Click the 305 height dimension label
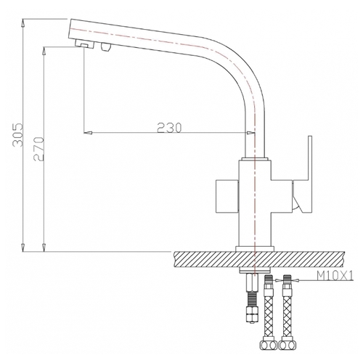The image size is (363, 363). click(x=17, y=135)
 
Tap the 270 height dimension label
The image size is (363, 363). click(x=38, y=149)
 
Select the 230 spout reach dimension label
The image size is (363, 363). click(x=169, y=128)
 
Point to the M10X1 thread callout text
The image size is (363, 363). click(x=335, y=275)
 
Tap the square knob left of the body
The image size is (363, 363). click(x=227, y=196)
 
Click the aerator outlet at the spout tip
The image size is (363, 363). click(x=83, y=44)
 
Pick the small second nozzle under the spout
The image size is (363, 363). click(x=106, y=46)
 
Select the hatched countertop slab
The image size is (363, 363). click(x=259, y=259)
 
